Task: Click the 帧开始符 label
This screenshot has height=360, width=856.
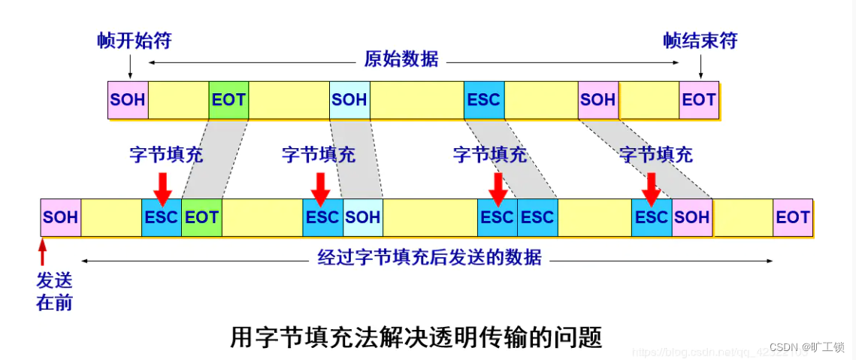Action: coord(135,41)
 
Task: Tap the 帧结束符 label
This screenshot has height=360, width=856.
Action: coord(700,41)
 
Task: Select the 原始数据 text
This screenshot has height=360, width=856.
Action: coord(401,59)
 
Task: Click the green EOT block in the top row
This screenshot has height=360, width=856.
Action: coord(228,99)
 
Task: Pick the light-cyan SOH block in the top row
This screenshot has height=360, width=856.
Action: coord(349,99)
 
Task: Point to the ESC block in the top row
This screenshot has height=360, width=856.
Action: coord(484,99)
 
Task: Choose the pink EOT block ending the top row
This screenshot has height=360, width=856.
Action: coord(699,99)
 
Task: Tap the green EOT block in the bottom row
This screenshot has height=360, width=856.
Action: coord(201,217)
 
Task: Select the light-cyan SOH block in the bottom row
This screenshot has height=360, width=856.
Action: coord(363,217)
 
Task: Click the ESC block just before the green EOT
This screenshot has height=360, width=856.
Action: coord(162,217)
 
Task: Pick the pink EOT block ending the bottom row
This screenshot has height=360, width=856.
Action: coord(793,217)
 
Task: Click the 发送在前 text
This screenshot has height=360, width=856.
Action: coord(54,292)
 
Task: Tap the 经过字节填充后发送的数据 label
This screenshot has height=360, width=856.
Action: coord(429,258)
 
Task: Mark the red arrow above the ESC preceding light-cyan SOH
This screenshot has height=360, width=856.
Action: coord(321,188)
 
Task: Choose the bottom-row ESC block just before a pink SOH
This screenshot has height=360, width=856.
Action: coord(652,217)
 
